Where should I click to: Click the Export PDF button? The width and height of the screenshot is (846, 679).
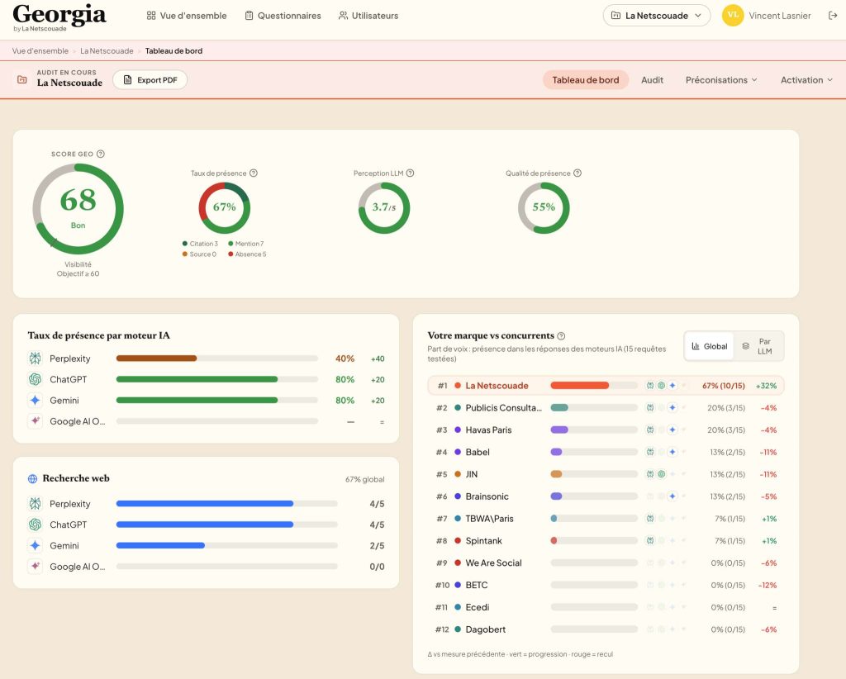(150, 80)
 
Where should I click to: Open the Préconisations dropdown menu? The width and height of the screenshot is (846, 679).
(721, 80)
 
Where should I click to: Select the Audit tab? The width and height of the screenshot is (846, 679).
(652, 80)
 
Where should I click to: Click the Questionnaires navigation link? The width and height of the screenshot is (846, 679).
(283, 16)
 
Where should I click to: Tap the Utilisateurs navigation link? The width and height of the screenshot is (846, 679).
(368, 16)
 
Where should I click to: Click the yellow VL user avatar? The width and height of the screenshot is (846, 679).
(733, 15)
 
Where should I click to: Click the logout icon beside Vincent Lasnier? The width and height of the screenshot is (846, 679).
(833, 16)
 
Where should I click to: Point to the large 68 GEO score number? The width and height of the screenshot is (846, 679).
(78, 200)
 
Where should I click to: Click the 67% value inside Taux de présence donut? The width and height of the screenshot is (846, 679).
(225, 207)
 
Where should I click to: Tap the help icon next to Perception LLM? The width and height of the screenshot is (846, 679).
(410, 173)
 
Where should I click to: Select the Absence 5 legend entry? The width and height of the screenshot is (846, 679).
(247, 254)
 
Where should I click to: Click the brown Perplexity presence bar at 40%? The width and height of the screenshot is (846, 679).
(156, 358)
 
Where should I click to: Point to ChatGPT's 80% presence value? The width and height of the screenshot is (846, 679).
(345, 380)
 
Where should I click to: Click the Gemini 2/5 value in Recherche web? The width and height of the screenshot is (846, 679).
(377, 546)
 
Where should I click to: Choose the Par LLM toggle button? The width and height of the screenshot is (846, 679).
(759, 346)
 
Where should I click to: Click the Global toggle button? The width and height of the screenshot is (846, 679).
(710, 346)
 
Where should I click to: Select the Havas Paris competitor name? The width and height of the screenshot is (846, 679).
(488, 430)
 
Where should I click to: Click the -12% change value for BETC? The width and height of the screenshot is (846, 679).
(768, 585)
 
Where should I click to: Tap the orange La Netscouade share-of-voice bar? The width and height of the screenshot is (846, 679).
(579, 386)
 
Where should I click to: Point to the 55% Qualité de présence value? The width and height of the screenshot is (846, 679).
(544, 207)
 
